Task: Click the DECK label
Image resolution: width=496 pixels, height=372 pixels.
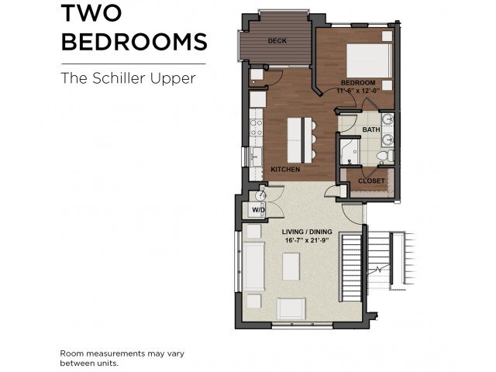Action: [277, 41]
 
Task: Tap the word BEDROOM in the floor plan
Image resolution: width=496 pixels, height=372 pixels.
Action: [358, 83]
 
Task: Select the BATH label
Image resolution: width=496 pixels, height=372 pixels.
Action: [371, 129]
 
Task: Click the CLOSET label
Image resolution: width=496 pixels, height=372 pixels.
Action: [371, 181]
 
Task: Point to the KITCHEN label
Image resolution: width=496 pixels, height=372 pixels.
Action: [285, 170]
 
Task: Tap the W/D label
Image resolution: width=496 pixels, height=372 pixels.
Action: [258, 210]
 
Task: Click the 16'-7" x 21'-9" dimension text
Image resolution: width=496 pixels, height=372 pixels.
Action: [307, 240]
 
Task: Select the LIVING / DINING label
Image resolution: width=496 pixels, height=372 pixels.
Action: [307, 232]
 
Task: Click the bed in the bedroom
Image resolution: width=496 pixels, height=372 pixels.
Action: [370, 60]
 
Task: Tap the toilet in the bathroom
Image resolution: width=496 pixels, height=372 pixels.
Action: [386, 156]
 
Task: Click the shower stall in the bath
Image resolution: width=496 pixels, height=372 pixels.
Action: [350, 152]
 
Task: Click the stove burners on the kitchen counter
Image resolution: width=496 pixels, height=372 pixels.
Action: [256, 127]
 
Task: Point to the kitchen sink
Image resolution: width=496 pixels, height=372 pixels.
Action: [256, 157]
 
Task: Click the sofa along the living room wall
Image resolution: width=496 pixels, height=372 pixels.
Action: [253, 267]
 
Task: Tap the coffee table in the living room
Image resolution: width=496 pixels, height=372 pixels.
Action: [291, 267]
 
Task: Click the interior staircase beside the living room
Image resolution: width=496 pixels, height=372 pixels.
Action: [350, 267]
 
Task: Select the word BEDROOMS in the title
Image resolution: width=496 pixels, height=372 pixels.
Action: [134, 42]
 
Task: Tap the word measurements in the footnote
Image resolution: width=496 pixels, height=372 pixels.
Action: [115, 353]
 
